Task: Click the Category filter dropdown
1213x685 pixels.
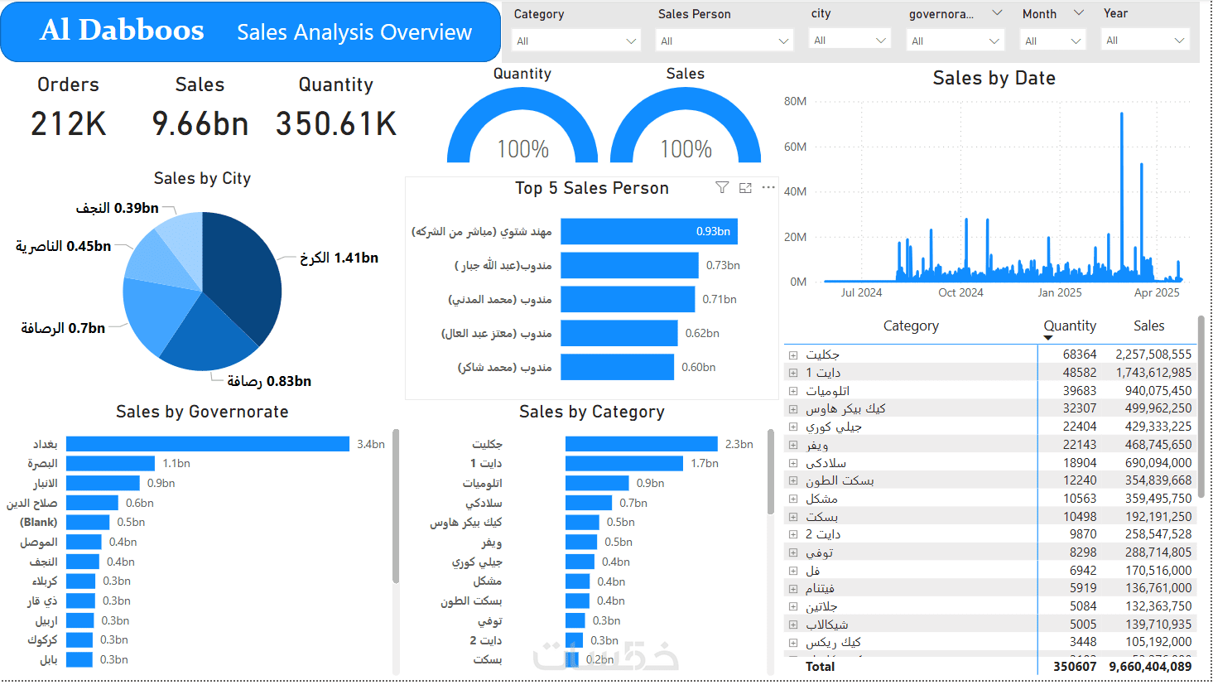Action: point(576,41)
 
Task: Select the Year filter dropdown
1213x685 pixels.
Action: point(1146,40)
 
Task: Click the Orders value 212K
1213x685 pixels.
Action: point(69,124)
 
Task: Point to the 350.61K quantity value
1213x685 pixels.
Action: point(336,124)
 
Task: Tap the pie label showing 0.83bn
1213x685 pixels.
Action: point(269,381)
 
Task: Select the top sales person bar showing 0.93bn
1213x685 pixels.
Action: point(648,231)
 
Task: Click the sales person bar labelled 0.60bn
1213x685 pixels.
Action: point(617,367)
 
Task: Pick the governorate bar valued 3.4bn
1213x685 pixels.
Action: point(207,444)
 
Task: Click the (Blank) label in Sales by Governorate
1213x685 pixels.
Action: point(39,522)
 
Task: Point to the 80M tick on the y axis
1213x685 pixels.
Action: point(795,101)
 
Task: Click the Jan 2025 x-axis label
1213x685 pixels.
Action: point(1059,292)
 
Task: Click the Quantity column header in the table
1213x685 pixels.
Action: point(1069,326)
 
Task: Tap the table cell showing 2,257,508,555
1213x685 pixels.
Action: point(1153,355)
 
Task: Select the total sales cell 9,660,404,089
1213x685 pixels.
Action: point(1150,667)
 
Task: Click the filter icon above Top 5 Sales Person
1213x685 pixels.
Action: point(722,188)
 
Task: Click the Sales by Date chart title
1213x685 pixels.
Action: point(994,78)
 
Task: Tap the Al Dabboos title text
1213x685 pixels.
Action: point(122,31)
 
